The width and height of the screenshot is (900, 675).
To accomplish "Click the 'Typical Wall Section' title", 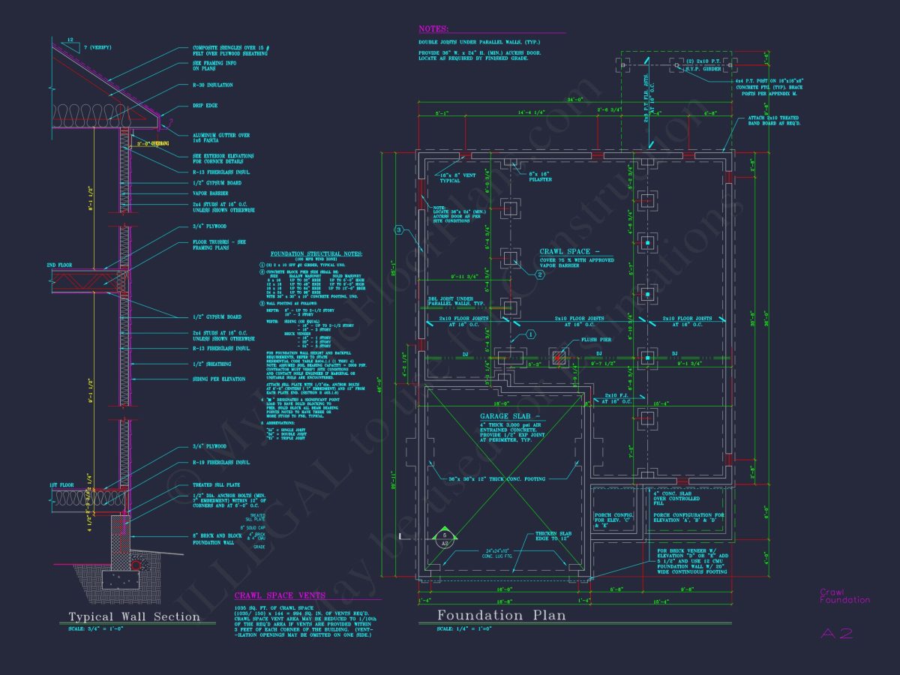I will [134, 617].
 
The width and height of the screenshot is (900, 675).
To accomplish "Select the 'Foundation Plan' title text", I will [502, 616].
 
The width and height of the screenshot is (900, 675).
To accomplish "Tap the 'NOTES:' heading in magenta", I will [433, 29].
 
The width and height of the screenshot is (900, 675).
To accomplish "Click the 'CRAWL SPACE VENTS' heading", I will [280, 595].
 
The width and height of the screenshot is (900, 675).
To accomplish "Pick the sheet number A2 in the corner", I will [836, 634].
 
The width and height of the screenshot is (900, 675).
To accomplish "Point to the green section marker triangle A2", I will [444, 534].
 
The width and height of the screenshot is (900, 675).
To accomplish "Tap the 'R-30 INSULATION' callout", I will [213, 85].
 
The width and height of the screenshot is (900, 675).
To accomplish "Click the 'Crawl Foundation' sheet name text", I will [844, 595].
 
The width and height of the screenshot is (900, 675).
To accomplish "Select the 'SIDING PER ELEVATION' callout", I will [219, 379].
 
